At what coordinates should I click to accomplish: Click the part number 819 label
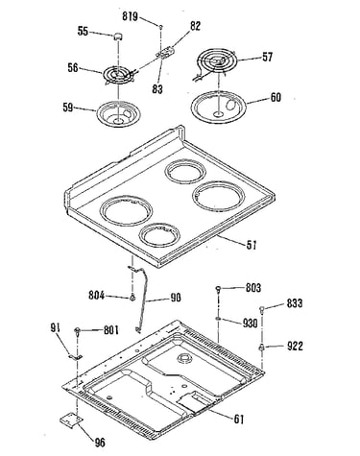pos(130,16)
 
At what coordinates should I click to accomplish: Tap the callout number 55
pos(83,32)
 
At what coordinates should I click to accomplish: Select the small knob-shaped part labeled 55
pos(118,36)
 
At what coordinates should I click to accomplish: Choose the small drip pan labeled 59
pos(119,113)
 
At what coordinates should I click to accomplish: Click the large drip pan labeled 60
pos(219,107)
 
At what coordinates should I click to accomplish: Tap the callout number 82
pos(196,26)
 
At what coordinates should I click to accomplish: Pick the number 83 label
pos(157,89)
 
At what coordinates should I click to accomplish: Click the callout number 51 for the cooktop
pos(252,245)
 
